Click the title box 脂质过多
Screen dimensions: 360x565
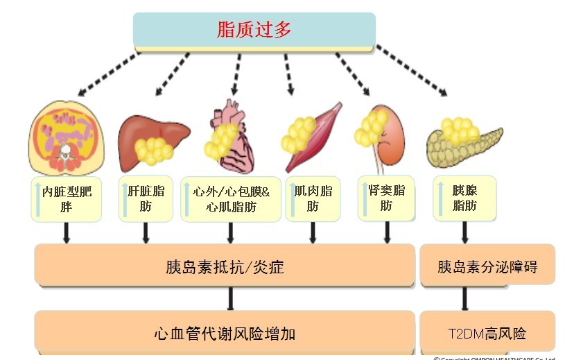[254, 30]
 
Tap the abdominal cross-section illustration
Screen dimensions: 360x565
[67, 137]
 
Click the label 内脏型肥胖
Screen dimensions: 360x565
[67, 198]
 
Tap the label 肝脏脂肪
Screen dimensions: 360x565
[146, 198]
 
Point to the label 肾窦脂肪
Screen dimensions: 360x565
[385, 197]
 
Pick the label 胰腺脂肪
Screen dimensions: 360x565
[464, 198]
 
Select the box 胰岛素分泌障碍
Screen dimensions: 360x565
[487, 266]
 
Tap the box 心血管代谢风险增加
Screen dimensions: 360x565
[225, 334]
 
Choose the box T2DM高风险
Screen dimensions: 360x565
[487, 334]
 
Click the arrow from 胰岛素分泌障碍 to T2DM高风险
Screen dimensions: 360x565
[464, 298]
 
